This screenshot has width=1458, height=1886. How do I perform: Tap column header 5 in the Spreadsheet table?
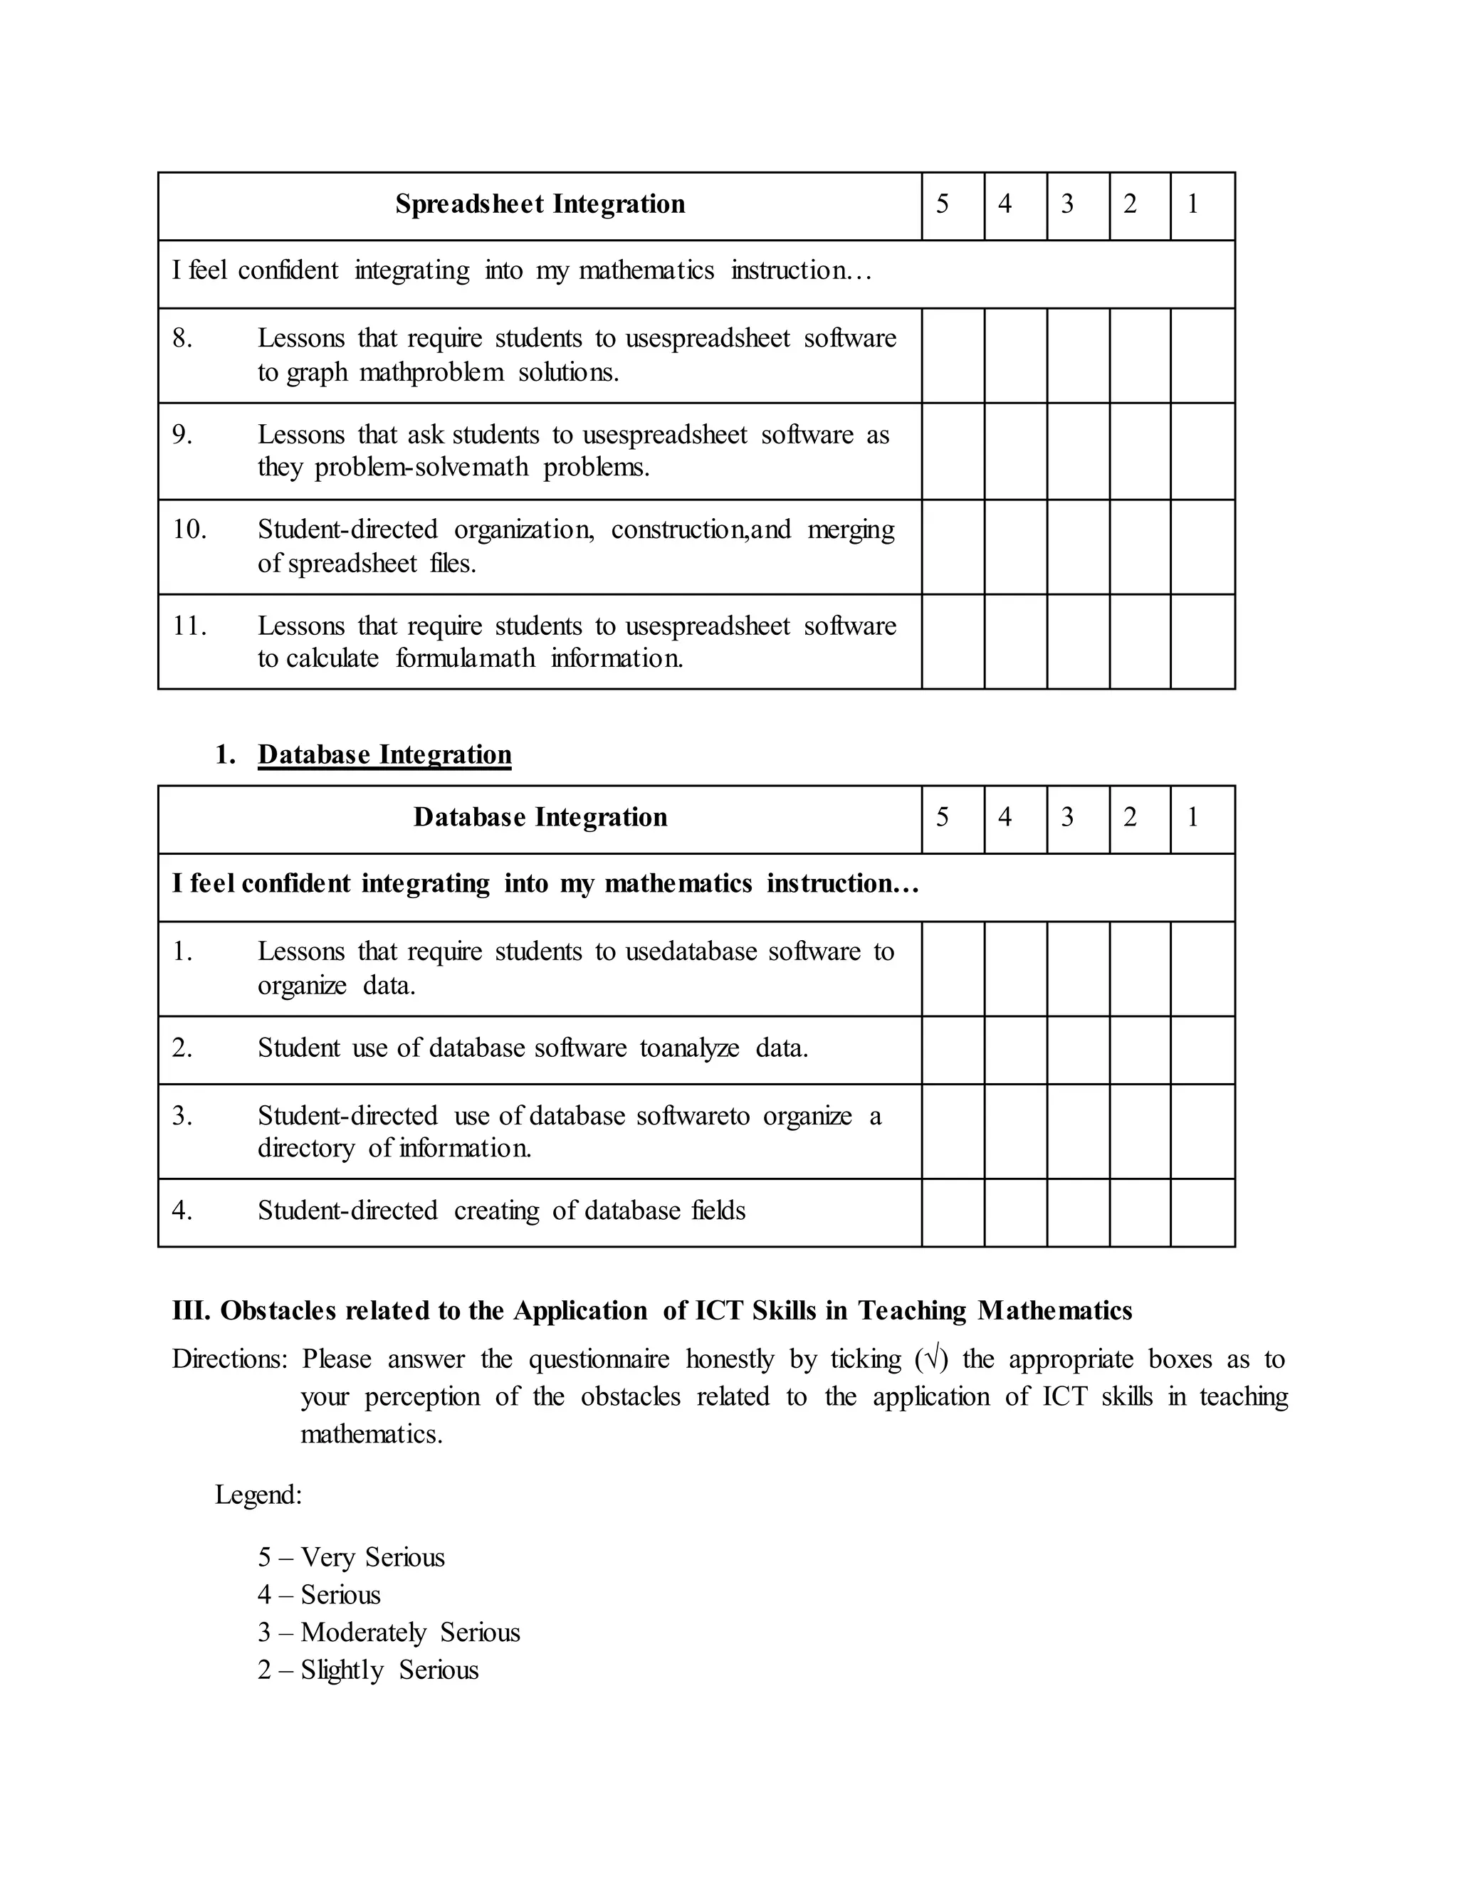(x=943, y=205)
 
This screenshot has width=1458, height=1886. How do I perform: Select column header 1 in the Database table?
(x=1193, y=818)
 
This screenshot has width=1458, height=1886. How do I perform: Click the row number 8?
(x=182, y=339)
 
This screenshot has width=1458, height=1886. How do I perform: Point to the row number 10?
(x=189, y=530)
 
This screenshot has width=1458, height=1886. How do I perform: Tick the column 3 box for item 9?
(x=1078, y=451)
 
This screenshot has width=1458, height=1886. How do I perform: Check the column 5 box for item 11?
(x=953, y=642)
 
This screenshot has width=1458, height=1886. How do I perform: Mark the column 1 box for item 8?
(x=1202, y=355)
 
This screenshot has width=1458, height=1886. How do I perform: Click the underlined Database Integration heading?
(x=384, y=754)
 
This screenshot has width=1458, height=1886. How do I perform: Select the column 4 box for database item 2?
(x=1016, y=1049)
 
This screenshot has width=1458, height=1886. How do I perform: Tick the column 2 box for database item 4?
(x=1140, y=1213)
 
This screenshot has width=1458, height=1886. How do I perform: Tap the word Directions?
(x=229, y=1359)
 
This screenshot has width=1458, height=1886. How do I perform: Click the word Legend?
(x=258, y=1495)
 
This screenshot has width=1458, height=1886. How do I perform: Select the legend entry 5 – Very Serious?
(x=351, y=1557)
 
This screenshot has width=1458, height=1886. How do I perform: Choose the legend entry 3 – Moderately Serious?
(x=389, y=1632)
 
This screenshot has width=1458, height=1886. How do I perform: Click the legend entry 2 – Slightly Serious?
(x=368, y=1669)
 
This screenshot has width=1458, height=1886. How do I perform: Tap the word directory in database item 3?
(x=305, y=1149)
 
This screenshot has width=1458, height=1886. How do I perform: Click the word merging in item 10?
(x=850, y=530)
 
